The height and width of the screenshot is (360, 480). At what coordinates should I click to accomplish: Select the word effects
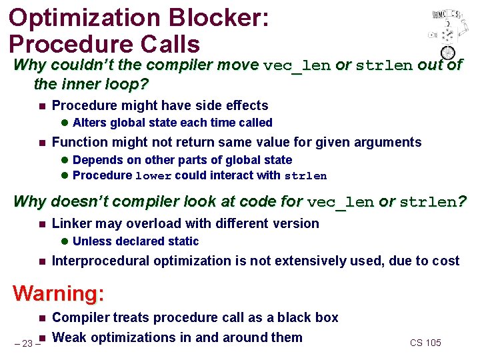[243, 105]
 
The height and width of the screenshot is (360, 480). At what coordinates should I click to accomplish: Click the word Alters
[90, 123]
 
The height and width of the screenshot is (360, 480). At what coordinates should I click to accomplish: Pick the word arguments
[390, 142]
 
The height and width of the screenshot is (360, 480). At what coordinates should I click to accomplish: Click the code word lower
[154, 176]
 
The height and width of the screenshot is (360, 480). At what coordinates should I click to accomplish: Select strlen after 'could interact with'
[305, 176]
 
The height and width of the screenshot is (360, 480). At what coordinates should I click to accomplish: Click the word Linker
[71, 223]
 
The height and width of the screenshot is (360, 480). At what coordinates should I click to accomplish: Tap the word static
[183, 241]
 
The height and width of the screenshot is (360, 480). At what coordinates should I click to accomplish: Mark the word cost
[446, 261]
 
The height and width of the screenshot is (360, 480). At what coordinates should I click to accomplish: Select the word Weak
[69, 337]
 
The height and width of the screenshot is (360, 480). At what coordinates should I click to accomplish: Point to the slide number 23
[27, 343]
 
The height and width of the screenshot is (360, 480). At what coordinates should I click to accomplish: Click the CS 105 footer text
[425, 343]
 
